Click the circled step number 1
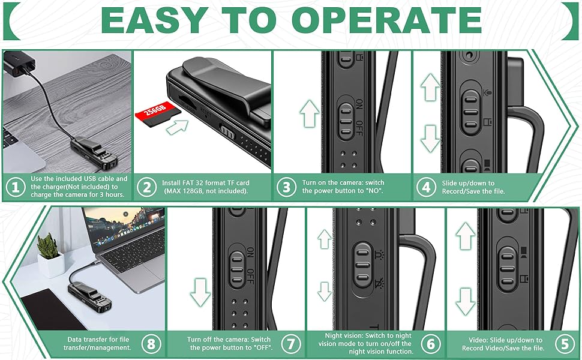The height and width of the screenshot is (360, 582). click(x=16, y=187)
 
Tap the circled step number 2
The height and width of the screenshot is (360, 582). click(x=146, y=187)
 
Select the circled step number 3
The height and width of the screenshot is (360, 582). click(x=287, y=187)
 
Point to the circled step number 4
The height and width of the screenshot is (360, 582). click(x=426, y=187)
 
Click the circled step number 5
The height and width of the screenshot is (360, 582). click(x=565, y=344)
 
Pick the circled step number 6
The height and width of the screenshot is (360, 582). click(x=431, y=344)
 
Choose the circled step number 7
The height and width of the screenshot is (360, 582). click(x=290, y=344)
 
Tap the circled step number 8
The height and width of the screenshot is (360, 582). click(x=151, y=344)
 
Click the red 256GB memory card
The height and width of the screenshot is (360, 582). click(x=157, y=113)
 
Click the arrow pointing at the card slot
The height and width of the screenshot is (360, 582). click(x=177, y=128)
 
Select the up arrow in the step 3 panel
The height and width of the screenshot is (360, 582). click(x=309, y=114)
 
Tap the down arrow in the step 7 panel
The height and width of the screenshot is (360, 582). click(x=200, y=292)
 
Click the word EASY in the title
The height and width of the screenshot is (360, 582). click(x=155, y=20)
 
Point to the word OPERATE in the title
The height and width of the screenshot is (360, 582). click(x=386, y=20)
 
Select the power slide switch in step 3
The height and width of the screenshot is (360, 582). click(x=346, y=121)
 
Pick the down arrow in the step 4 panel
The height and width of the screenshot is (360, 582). click(x=430, y=139)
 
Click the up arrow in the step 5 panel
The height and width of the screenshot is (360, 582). click(x=466, y=236)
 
